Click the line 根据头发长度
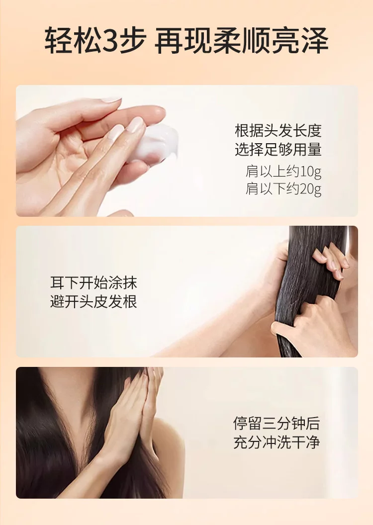point(278,131)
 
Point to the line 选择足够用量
point(278,149)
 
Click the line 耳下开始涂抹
point(94,283)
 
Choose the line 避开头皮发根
point(94,302)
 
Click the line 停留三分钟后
point(277,423)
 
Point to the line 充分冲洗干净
point(277,442)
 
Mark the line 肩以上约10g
point(283,172)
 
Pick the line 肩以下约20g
point(283,189)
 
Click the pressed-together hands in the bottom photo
point(134,419)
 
